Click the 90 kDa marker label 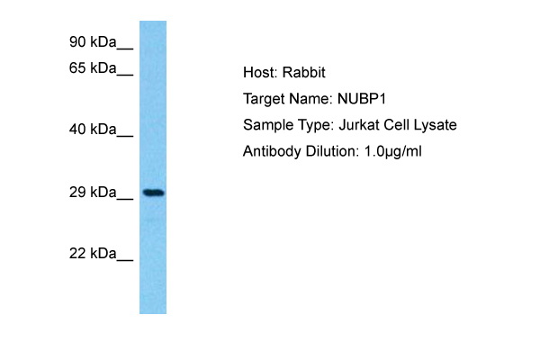pos(93,42)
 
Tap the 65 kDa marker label pos(93,68)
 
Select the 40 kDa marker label pos(93,130)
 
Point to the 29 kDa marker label pos(93,193)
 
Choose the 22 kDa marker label pos(93,254)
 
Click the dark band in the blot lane pos(154,193)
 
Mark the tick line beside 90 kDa pos(125,49)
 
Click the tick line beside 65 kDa pos(125,75)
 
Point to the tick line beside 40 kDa pos(125,136)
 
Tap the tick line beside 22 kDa pos(125,260)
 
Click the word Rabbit pos(304,72)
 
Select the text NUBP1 pos(361,99)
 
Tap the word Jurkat pos(359,125)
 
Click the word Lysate pos(435,125)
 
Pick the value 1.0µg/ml pos(393,151)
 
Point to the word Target pos(264,100)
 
